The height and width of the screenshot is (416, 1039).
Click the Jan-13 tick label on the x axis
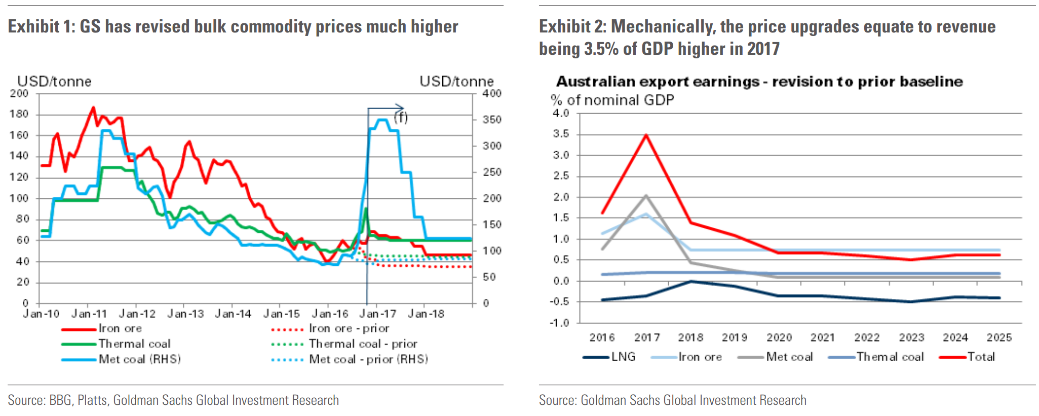point(185,314)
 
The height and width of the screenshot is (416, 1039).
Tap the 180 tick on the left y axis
point(19,114)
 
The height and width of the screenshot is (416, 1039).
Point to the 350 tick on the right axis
point(491,120)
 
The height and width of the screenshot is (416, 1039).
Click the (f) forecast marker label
point(401,118)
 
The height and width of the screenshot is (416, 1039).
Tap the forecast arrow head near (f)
point(402,108)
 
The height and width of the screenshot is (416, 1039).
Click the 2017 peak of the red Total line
point(646,134)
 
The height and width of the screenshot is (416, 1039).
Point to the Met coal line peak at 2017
point(646,195)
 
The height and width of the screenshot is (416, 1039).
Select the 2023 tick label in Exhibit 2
point(911,338)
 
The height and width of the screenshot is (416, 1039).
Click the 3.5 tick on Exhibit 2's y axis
point(561,134)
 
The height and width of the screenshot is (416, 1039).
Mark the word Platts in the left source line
point(92,400)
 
